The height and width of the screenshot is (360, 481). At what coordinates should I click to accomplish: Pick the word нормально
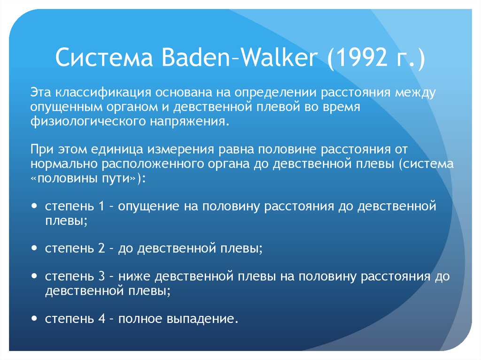[x=58, y=164]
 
